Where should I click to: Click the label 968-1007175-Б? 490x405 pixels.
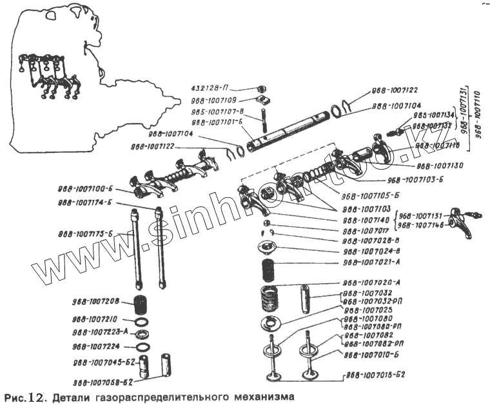click(x=86, y=233)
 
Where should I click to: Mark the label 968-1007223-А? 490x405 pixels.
click(x=101, y=332)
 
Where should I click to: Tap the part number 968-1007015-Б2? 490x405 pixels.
click(x=375, y=374)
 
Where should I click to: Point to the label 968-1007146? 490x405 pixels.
click(x=425, y=225)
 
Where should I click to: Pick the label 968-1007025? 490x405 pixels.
click(x=366, y=311)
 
